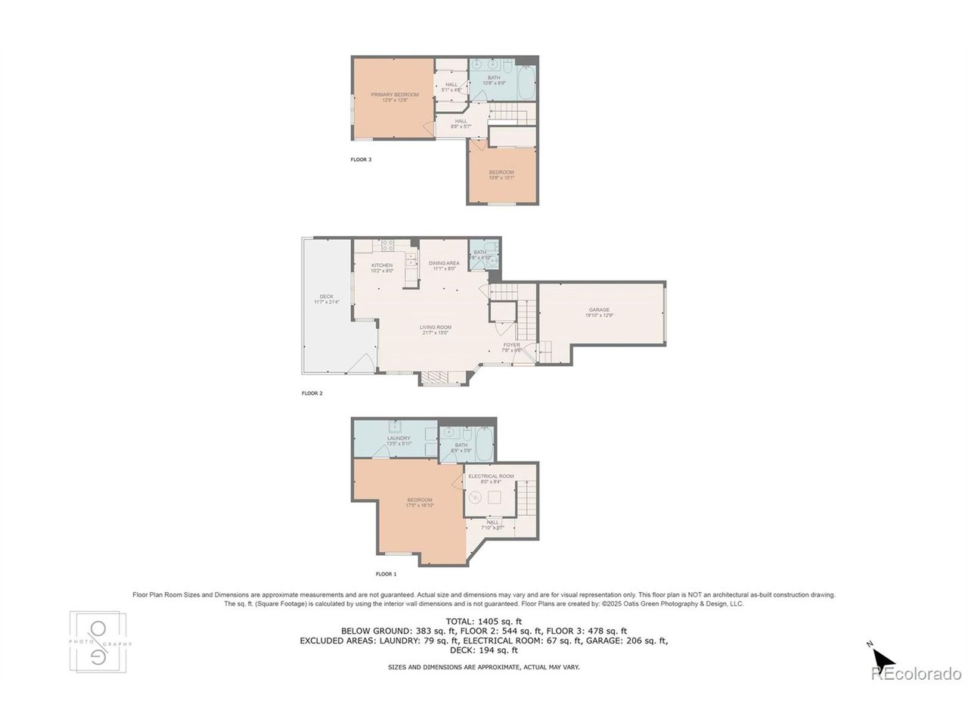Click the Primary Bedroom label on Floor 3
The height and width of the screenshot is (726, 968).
click(394, 95)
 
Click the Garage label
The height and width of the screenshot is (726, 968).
click(600, 309)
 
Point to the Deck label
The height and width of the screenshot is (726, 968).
click(326, 296)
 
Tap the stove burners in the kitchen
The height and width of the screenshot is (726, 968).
click(387, 246)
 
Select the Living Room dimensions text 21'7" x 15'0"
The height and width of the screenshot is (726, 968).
click(436, 332)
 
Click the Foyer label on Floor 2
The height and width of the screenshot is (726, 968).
click(512, 345)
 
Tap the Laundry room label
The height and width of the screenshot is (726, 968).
click(399, 438)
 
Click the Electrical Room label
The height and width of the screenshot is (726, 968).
click(491, 476)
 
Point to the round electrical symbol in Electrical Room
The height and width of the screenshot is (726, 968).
click(475, 497)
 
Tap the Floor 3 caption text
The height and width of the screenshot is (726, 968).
click(361, 160)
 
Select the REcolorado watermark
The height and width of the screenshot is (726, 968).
click(916, 674)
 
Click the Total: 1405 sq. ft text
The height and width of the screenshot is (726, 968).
click(484, 621)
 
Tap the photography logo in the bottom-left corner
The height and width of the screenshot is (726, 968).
click(99, 641)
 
